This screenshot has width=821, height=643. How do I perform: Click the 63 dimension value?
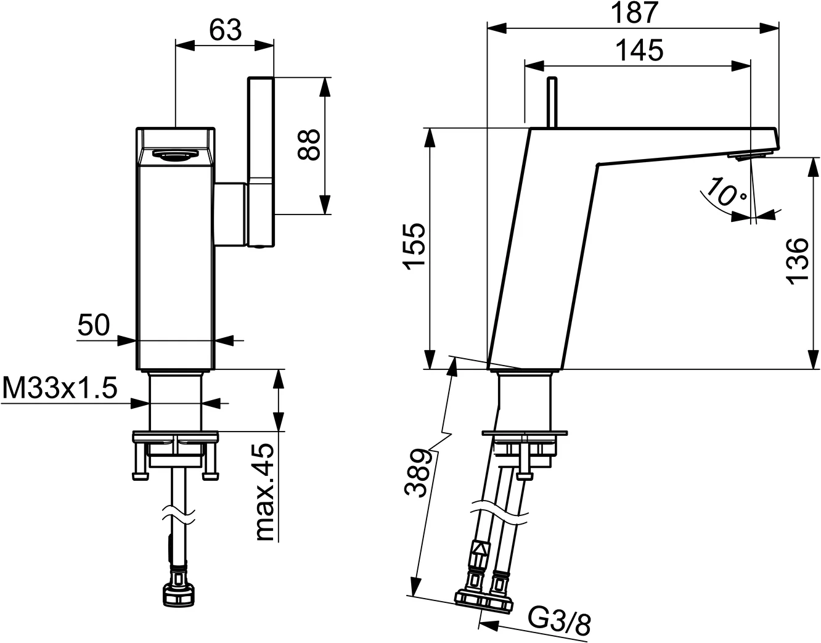click(225, 30)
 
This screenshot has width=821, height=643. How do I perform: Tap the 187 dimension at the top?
click(634, 12)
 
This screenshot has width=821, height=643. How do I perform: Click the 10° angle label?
click(726, 193)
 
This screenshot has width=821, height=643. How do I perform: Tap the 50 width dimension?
click(94, 325)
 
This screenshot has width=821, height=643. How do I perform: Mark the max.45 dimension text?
click(264, 492)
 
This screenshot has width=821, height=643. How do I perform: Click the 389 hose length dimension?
click(418, 473)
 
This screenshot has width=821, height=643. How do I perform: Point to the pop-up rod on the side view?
click(552, 102)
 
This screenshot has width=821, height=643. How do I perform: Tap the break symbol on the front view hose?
click(178, 513)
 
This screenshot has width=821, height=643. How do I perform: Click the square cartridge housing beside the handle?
click(231, 214)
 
